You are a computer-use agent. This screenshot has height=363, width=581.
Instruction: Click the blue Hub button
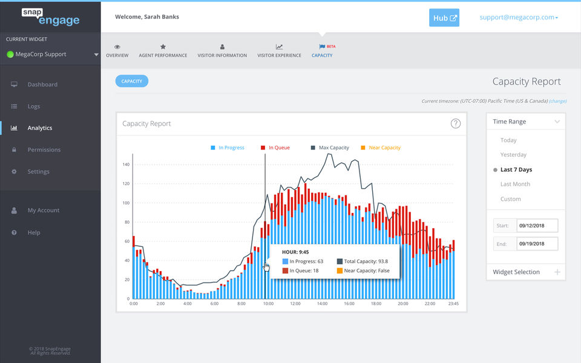[444, 18]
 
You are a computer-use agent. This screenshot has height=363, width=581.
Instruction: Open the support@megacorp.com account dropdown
[519, 18]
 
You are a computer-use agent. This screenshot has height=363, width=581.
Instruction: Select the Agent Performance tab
[163, 51]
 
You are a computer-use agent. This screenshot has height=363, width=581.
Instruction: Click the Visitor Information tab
[222, 51]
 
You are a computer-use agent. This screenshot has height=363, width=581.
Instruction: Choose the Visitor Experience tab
[279, 51]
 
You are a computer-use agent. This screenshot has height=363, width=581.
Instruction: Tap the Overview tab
[117, 51]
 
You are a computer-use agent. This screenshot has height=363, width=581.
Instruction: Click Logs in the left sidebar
[34, 106]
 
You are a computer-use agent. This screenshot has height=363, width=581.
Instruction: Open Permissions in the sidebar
[44, 150]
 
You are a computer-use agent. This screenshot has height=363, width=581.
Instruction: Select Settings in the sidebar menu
[38, 172]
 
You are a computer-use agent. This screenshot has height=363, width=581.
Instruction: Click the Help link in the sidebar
[34, 233]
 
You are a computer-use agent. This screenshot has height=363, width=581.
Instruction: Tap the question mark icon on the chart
[456, 123]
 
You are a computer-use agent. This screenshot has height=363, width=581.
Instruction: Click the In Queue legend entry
[275, 148]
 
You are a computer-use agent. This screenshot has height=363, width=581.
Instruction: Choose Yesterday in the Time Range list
[513, 155]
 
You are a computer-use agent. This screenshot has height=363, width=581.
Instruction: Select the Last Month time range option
[515, 185]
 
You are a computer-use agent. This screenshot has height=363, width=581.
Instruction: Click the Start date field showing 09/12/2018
[536, 226]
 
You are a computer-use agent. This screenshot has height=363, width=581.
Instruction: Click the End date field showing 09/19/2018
[536, 244]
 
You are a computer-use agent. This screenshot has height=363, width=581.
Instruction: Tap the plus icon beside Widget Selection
[557, 272]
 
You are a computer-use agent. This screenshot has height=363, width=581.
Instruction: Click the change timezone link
[558, 101]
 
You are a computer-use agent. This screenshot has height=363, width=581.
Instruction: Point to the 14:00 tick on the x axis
[322, 304]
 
